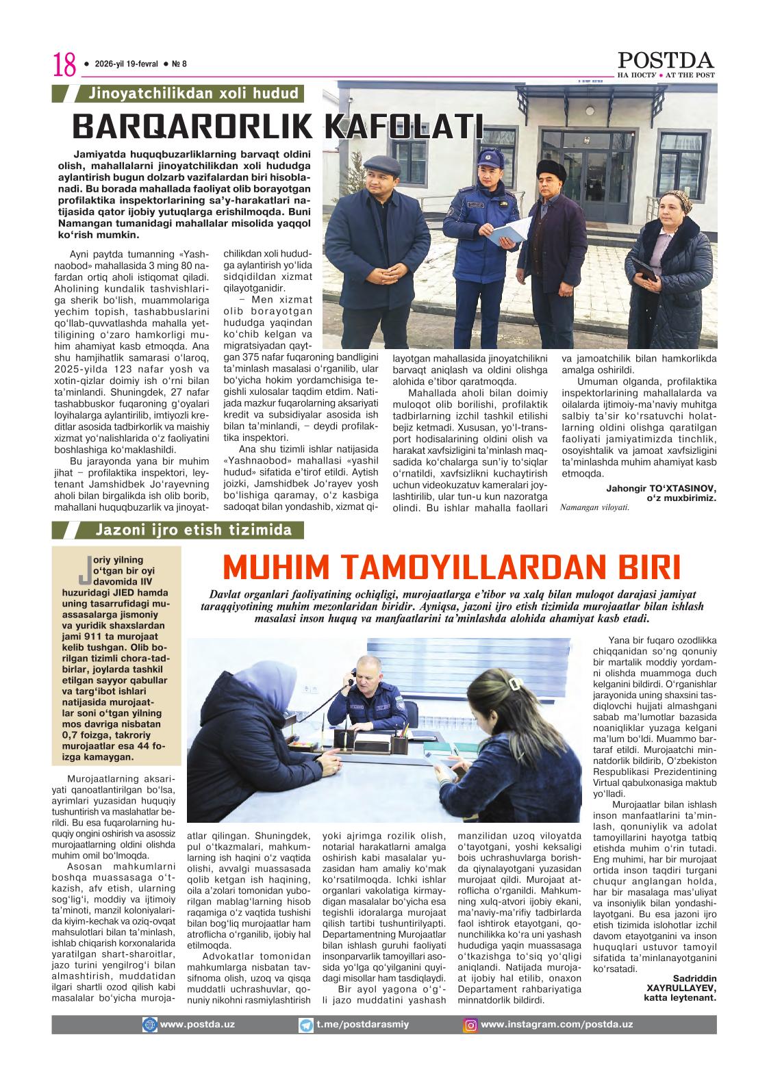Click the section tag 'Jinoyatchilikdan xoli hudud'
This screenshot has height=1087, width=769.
[x=188, y=94]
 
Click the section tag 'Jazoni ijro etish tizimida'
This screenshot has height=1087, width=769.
[x=194, y=530]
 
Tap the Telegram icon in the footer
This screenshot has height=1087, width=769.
[x=306, y=1025]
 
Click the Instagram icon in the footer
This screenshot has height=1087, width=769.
[x=471, y=1025]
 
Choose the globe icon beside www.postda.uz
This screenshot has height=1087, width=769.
[x=149, y=1025]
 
